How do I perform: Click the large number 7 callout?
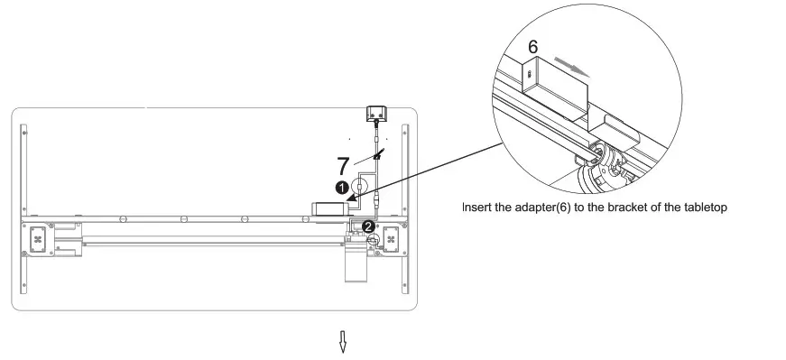pos(342,166)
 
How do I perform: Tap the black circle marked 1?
pos(342,188)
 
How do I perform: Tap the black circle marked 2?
pos(369,226)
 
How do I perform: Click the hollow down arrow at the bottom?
pos(343,342)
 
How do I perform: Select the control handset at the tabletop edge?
pos(375,113)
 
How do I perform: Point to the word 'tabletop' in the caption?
pos(704,208)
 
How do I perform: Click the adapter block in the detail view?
pos(553,82)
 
